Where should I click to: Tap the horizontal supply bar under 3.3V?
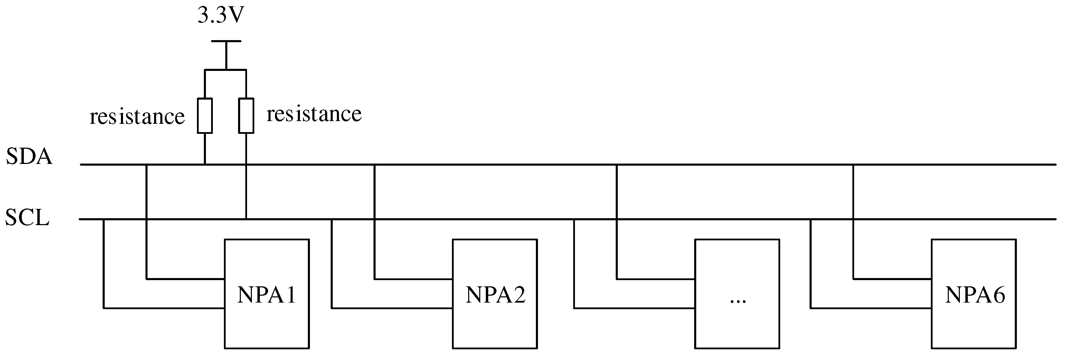point(226,41)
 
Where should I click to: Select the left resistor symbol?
point(205,116)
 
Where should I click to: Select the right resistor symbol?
point(246,116)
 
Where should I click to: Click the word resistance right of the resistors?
point(314,114)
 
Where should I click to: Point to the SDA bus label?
point(29,157)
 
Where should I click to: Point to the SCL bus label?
point(27,217)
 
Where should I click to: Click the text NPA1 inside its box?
point(267,295)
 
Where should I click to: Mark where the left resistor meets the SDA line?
point(205,165)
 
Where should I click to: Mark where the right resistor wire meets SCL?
point(246,219)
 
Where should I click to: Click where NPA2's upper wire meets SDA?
point(375,165)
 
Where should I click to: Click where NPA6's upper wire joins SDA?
point(853,165)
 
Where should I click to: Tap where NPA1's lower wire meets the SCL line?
point(104,219)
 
